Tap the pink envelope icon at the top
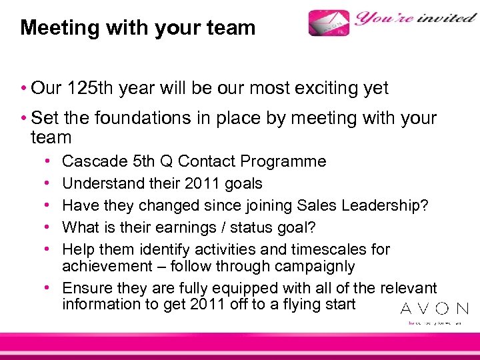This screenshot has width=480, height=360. (x=329, y=23)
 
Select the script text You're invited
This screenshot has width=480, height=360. (x=415, y=18)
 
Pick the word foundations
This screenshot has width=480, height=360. (x=138, y=119)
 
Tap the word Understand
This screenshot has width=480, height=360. (x=103, y=183)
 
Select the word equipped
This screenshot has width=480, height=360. (x=224, y=288)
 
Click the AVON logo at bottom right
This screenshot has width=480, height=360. (x=434, y=309)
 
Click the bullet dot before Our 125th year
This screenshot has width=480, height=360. (x=23, y=89)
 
